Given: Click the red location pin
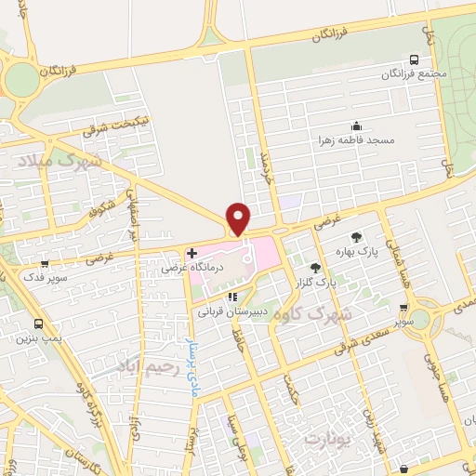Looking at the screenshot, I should pos(239,218).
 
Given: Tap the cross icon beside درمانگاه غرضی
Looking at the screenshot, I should pos(192,253).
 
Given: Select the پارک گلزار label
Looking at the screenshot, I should pos(332,280).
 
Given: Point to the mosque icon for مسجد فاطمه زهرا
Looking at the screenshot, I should pos(355,126).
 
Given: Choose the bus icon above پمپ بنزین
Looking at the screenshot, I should pos(39,324).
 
